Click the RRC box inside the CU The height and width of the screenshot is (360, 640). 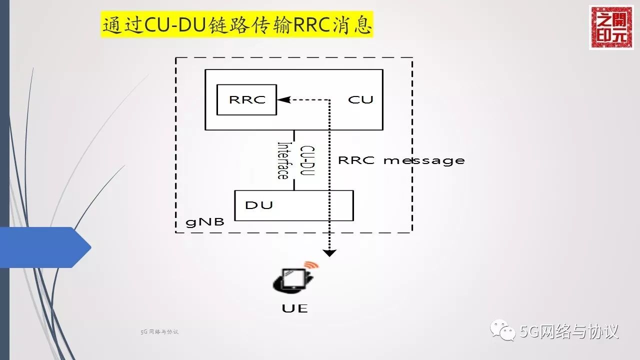point(246,99)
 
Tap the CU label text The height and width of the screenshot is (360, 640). point(360,99)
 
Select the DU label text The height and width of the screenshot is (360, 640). point(259,205)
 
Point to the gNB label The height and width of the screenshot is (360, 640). point(205,222)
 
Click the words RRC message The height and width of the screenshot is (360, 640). point(401,160)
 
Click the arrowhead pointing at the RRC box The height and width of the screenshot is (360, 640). point(283,99)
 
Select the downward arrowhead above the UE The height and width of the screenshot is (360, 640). point(329,252)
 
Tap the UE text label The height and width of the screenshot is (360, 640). point(294,308)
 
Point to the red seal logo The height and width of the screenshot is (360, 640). point(610,27)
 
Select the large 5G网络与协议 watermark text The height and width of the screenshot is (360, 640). point(569,331)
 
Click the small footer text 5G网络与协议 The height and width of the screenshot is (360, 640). point(159,331)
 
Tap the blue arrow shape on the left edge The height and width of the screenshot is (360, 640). point(45,247)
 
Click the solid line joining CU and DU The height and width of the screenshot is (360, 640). point(294,160)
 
